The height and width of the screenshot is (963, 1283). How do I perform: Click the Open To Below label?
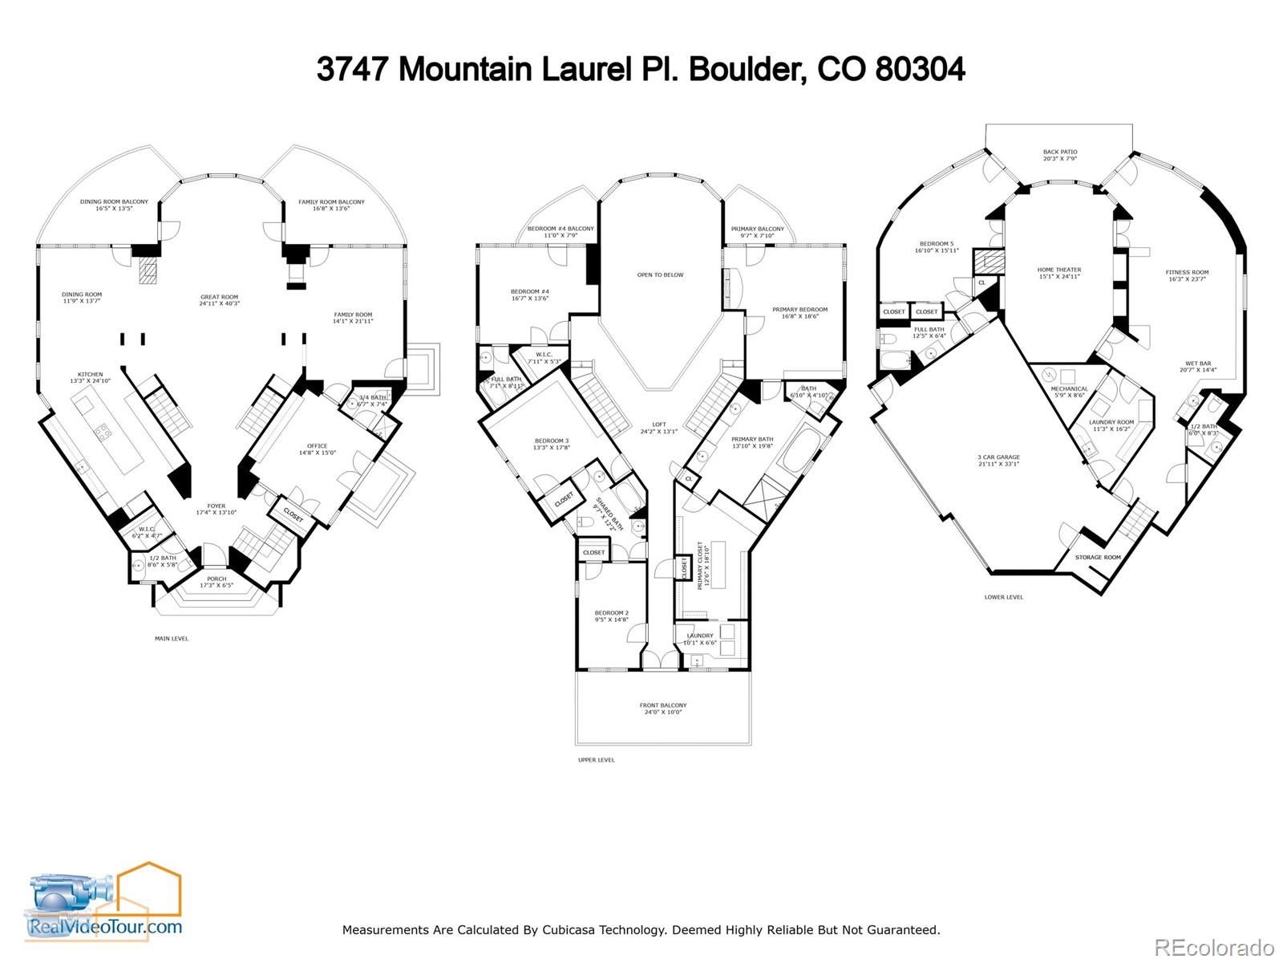pos(660,275)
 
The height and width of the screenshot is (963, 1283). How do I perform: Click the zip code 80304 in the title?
pos(920,69)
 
